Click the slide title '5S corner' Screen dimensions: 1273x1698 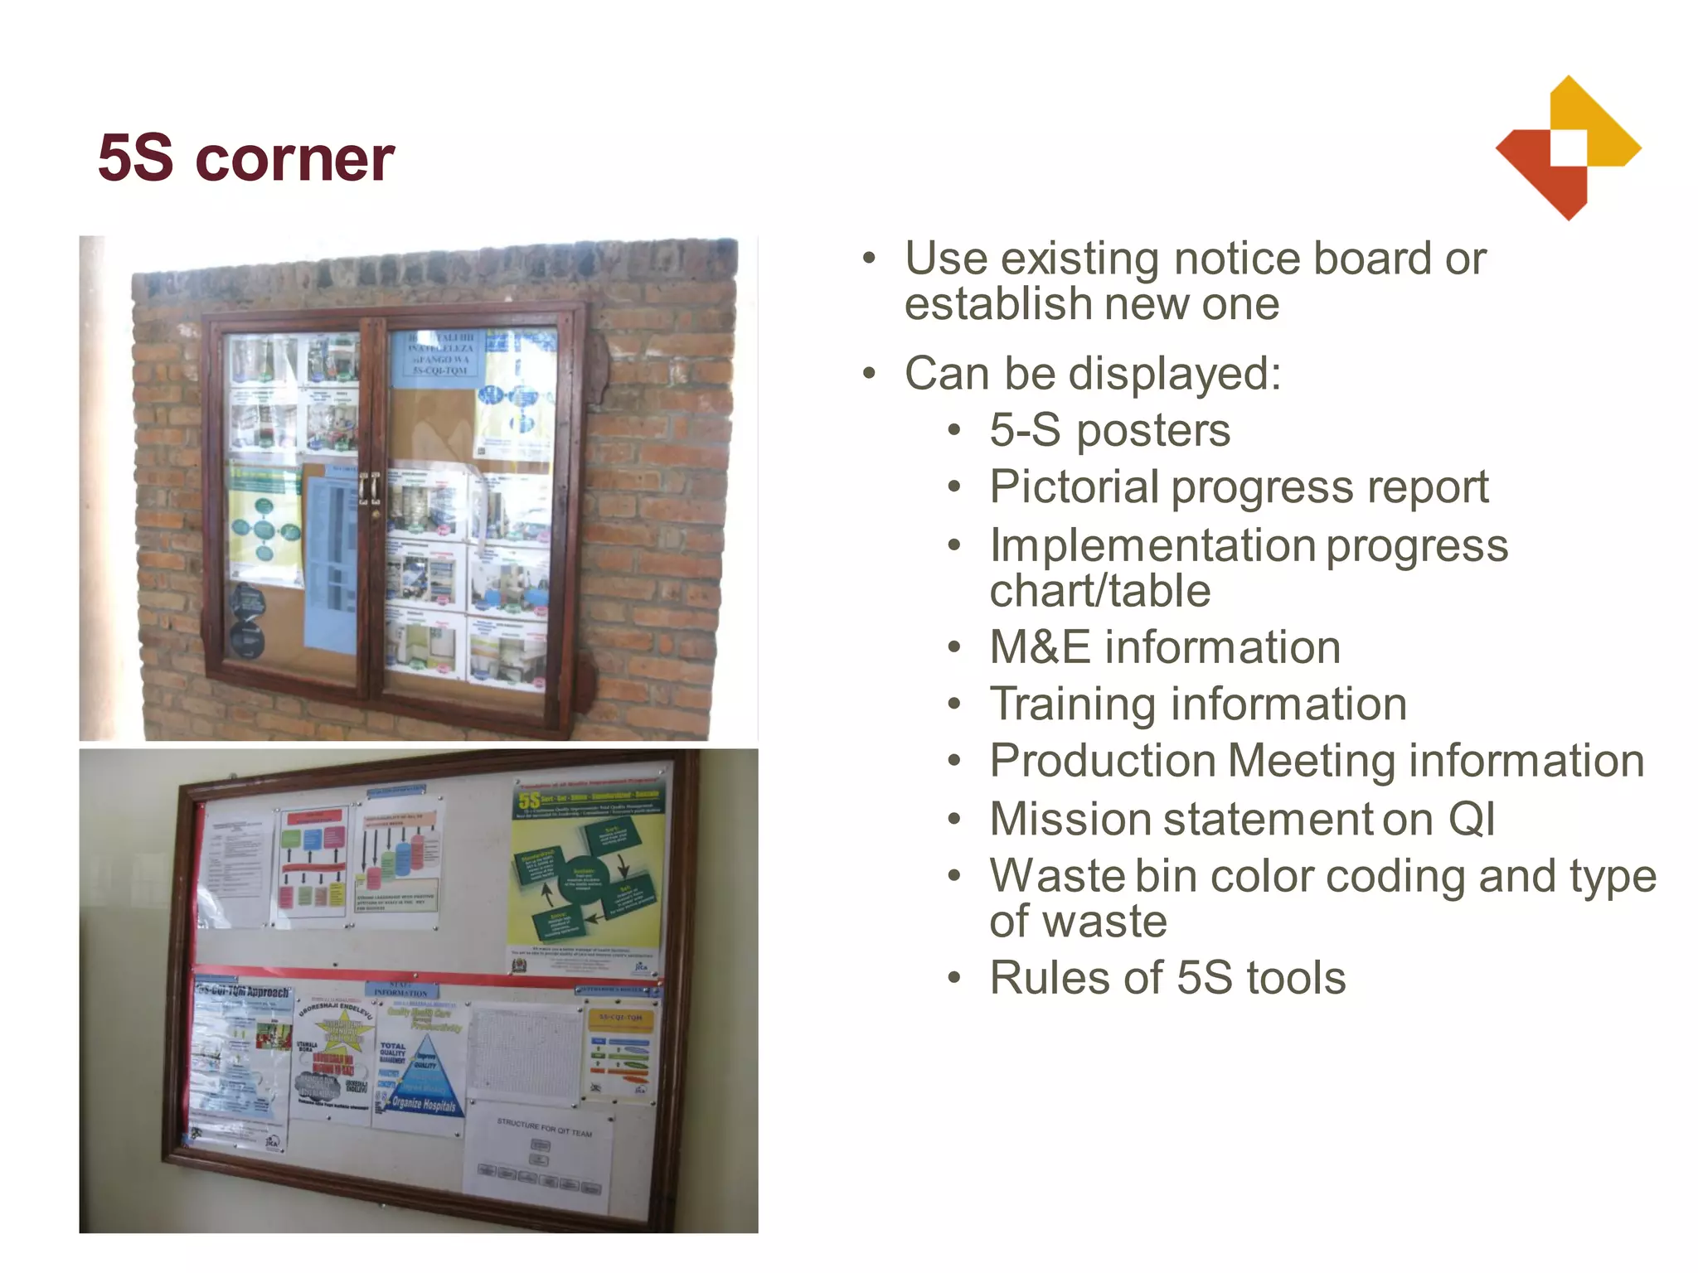pos(245,158)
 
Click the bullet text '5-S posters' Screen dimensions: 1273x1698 pos(1109,430)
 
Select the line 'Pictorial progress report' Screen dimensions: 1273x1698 pos(1239,486)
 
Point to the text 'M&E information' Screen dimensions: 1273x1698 pos(1164,647)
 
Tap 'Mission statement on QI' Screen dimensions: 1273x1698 pos(1242,819)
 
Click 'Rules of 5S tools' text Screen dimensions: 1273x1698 pos(1167,977)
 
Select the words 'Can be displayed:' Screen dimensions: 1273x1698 pos(1093,373)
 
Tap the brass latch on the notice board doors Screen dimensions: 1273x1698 pos(370,489)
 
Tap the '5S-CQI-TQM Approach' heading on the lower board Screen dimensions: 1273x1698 pos(243,992)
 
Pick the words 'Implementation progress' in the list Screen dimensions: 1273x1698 pos(1249,545)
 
